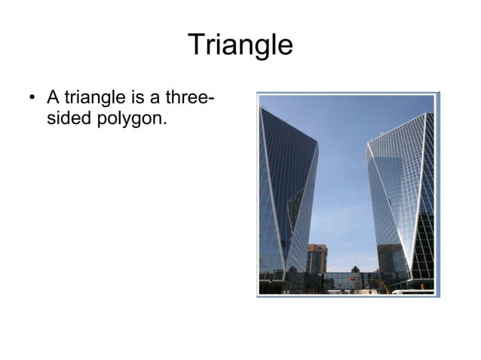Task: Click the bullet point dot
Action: [31, 99]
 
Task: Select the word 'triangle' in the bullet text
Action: [90, 98]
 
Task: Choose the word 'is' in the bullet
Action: [139, 98]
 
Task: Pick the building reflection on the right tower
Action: [389, 256]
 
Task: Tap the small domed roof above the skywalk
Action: [355, 268]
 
